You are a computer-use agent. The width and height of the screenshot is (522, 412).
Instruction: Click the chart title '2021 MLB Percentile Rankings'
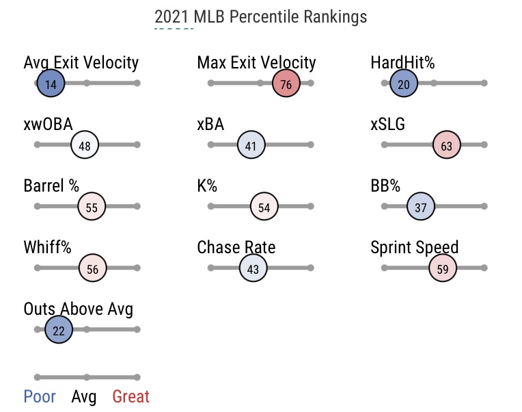260,17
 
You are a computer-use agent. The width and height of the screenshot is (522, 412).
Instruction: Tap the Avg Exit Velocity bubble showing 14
51,84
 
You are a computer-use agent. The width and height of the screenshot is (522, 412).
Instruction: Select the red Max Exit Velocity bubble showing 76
286,84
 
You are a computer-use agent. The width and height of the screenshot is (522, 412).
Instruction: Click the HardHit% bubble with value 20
404,84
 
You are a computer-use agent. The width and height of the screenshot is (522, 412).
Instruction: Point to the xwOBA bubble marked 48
85,145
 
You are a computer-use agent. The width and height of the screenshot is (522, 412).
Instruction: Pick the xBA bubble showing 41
251,145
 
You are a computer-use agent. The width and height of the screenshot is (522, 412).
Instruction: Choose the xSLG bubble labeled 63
447,145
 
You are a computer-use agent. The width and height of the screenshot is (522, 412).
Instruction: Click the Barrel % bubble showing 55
92,207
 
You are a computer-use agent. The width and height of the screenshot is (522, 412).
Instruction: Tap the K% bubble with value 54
264,207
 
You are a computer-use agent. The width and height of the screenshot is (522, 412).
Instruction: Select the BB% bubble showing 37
421,207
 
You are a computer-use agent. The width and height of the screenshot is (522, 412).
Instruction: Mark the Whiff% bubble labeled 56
92,268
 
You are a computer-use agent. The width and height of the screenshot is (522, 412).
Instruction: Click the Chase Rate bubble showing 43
253,268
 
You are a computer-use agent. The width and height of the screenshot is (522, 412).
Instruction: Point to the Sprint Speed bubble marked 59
443,268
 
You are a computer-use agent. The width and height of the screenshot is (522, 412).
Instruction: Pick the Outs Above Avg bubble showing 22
59,330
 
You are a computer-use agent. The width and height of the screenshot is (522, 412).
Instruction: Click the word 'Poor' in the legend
40,396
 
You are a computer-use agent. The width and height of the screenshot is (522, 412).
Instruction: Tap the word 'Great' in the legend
130,396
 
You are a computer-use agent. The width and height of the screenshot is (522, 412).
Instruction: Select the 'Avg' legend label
84,396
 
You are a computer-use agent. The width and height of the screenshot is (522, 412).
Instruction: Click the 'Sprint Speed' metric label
414,247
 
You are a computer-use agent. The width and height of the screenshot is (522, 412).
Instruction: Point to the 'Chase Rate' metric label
236,247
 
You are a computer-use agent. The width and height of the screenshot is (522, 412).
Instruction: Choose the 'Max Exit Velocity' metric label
256,63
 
